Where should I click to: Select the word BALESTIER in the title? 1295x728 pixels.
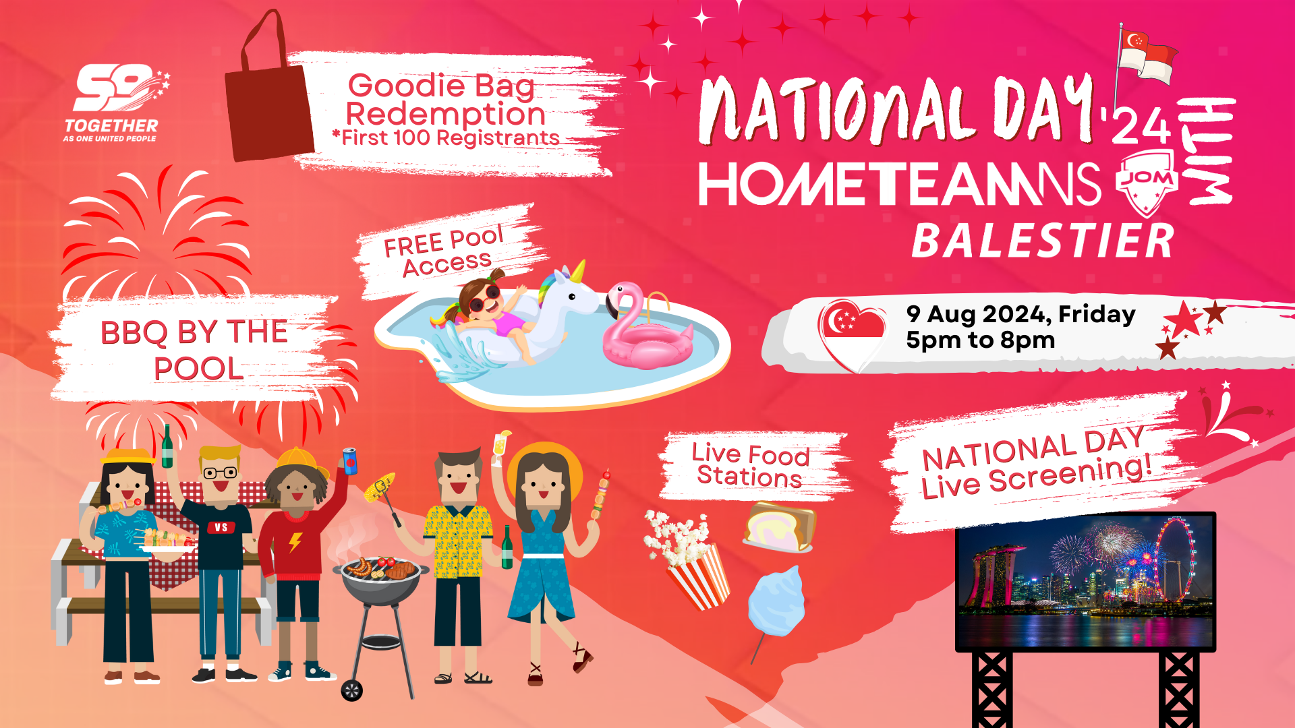click(1043, 241)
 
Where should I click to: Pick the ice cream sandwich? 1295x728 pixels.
click(780, 526)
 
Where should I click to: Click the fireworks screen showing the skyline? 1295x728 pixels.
click(1085, 582)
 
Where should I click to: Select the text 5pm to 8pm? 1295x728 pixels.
click(980, 340)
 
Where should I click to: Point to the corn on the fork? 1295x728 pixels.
click(379, 487)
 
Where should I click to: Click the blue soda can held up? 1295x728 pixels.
click(350, 460)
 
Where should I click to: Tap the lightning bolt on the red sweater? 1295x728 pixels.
click(295, 542)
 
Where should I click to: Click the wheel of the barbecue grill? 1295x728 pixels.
click(351, 690)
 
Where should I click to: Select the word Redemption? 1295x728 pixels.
click(445, 114)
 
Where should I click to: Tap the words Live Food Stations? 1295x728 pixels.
click(750, 464)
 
